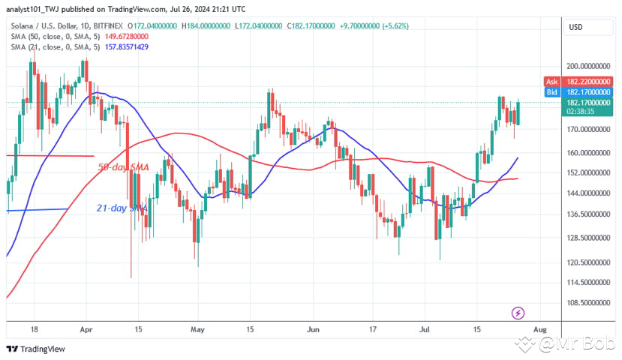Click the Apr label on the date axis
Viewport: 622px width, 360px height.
click(x=86, y=329)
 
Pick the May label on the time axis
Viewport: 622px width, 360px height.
click(x=198, y=329)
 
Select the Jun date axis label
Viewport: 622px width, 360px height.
click(x=314, y=329)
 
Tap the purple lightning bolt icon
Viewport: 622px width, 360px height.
click(x=517, y=312)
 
